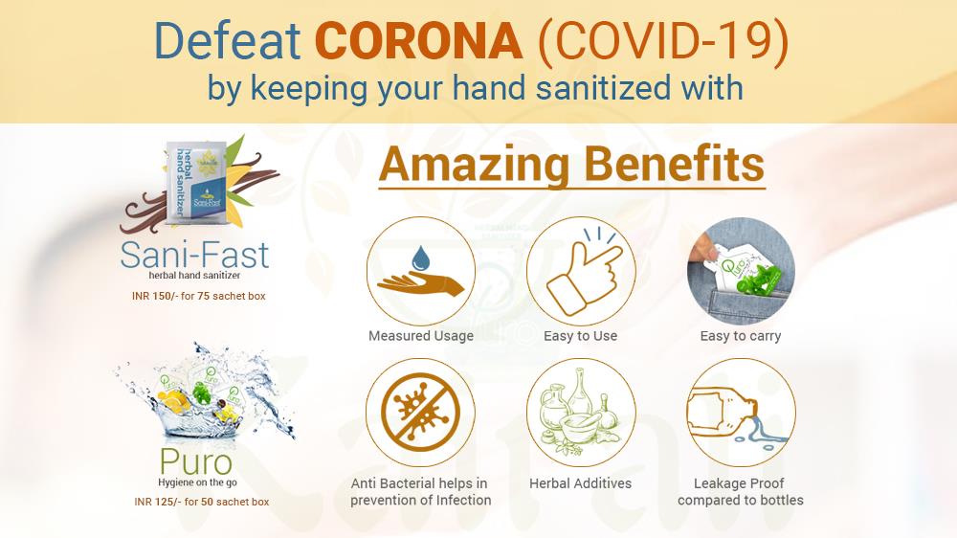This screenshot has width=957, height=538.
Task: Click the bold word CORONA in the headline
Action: click(419, 41)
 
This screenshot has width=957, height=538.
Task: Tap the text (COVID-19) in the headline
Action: click(663, 41)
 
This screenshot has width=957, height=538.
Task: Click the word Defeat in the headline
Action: click(227, 41)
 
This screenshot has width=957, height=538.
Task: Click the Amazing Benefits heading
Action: click(572, 165)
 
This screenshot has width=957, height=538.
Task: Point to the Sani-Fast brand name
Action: click(194, 256)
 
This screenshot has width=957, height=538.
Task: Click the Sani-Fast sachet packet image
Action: click(196, 184)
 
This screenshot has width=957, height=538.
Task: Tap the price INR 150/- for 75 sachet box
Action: click(199, 296)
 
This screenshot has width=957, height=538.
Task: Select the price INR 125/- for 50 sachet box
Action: click(201, 502)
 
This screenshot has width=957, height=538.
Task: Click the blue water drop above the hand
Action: click(421, 258)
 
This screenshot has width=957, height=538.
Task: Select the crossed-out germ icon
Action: click(420, 413)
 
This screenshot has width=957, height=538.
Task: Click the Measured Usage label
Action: click(421, 336)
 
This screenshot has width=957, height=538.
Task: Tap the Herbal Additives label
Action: click(581, 483)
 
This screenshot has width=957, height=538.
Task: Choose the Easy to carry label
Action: click(741, 336)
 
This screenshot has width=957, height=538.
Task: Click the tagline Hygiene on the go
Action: click(197, 482)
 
